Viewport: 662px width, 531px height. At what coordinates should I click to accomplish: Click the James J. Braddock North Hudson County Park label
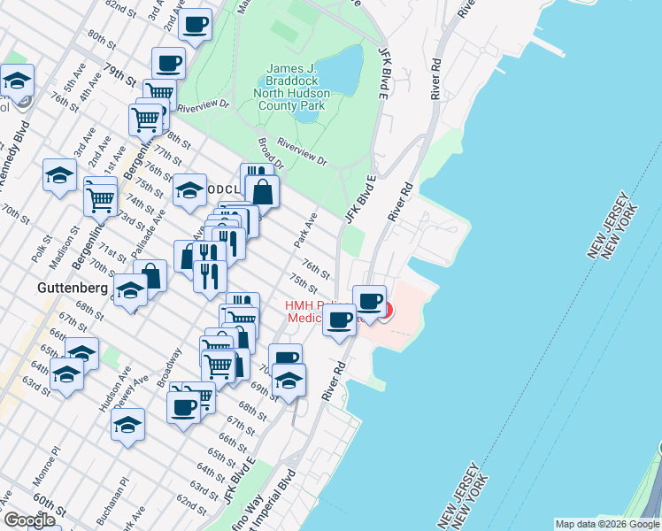tap(291, 87)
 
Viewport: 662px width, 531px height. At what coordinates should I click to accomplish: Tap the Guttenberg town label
tap(73, 289)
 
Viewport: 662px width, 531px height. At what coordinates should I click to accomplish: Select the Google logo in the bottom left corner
tap(29, 519)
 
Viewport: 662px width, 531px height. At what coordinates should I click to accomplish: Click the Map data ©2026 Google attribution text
tap(606, 524)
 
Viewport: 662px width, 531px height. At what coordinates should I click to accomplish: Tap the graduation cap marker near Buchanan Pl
tap(128, 424)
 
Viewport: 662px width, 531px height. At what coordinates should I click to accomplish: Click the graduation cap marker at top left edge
tap(17, 80)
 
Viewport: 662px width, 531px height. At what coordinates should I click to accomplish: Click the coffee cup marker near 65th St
tap(183, 406)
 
